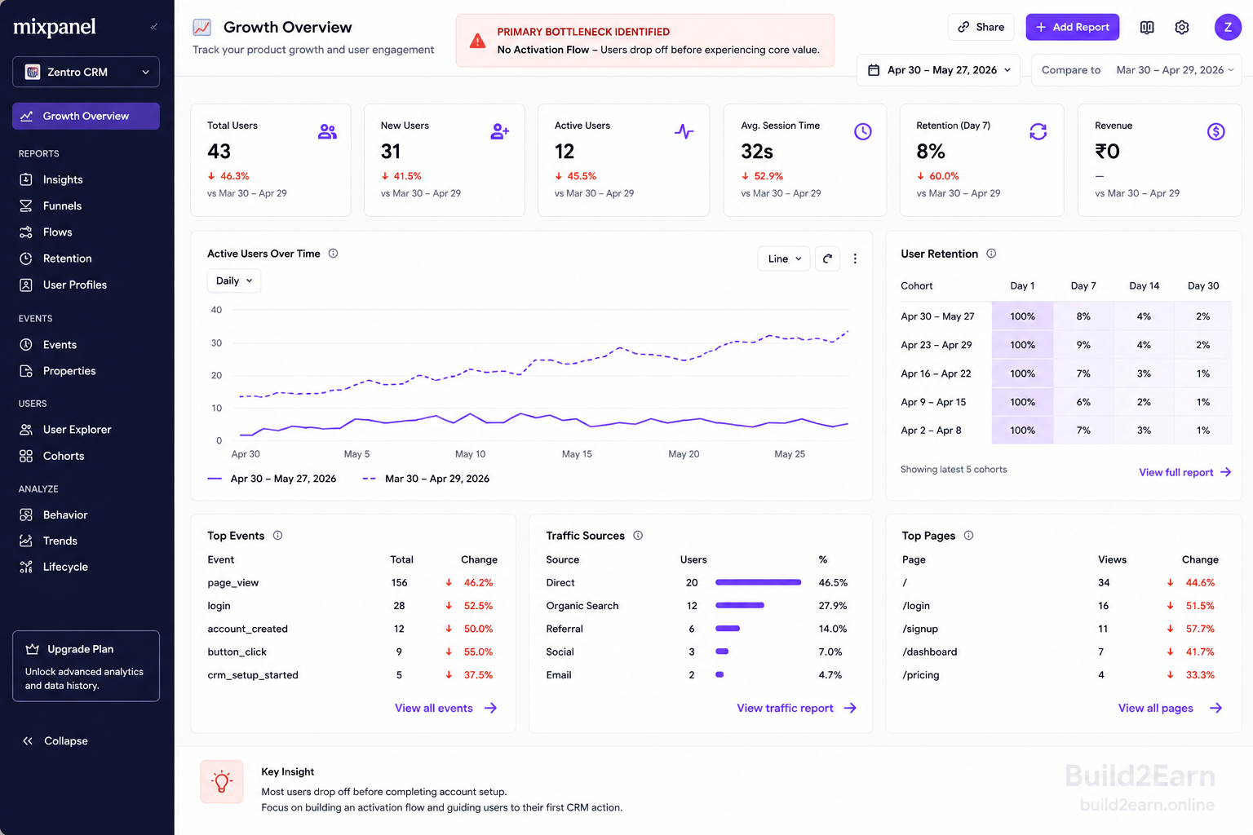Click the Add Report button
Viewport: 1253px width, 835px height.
[1073, 27]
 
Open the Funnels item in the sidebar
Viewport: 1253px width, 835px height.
[62, 205]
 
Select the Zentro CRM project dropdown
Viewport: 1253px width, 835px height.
[86, 72]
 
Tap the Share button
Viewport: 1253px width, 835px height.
[981, 27]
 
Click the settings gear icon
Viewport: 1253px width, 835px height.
[1181, 27]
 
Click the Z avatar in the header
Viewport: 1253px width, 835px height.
[1228, 27]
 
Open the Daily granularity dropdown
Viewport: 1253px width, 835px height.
[234, 281]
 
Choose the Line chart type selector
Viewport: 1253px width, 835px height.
[784, 258]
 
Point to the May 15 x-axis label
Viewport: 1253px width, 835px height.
[577, 453]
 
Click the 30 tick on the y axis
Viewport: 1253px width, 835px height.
[216, 342]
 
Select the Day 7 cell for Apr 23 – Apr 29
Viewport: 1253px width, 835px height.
[1083, 344]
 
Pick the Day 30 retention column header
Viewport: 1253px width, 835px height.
[1202, 285]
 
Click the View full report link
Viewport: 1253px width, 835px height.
[1184, 472]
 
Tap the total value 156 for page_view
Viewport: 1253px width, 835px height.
[399, 582]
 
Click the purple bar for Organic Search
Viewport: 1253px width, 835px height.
[740, 605]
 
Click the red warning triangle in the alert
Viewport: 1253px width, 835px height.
[477, 41]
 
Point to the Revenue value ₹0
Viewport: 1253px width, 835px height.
[1107, 151]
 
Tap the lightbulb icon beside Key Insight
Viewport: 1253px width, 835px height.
[222, 781]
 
